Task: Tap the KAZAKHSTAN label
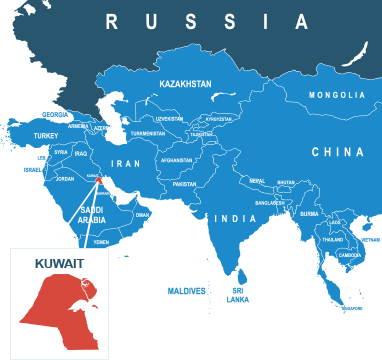tap(186, 85)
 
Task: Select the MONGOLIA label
tap(337, 95)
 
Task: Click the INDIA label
tap(236, 218)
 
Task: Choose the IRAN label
tap(126, 163)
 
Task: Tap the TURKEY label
tap(46, 135)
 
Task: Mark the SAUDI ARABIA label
tap(92, 214)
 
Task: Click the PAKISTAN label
tap(185, 184)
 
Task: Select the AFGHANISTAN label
tap(176, 160)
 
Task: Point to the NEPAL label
tap(258, 181)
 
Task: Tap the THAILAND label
tap(332, 240)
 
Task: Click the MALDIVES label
tap(187, 291)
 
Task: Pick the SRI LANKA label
tap(238, 295)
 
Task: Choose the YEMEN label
tap(101, 242)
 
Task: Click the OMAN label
tap(142, 214)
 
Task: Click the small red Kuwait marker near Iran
tap(100, 181)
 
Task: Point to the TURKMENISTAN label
tap(147, 133)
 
